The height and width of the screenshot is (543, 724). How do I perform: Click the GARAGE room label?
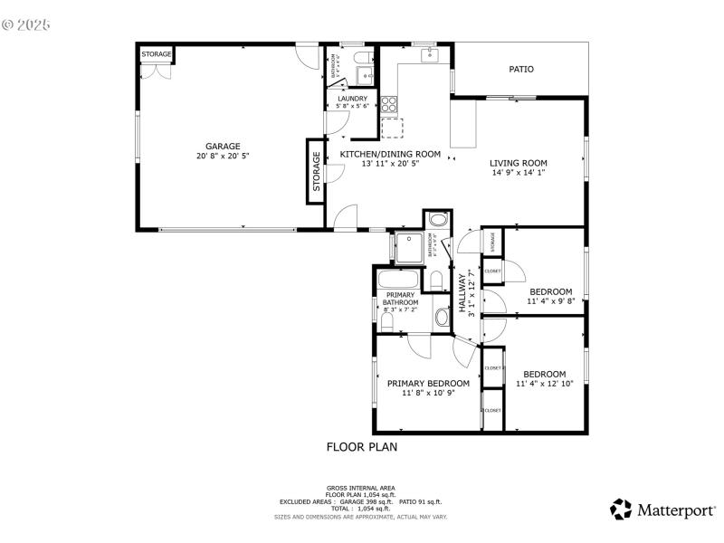[222, 146]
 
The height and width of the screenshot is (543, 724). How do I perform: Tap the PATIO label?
[520, 69]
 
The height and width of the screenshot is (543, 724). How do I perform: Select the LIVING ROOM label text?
[519, 163]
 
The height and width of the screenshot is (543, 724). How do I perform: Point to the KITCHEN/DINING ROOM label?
[390, 154]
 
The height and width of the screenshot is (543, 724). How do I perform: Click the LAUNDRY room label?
[353, 99]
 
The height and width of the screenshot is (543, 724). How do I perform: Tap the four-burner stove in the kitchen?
[389, 102]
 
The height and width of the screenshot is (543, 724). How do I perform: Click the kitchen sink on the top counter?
[429, 56]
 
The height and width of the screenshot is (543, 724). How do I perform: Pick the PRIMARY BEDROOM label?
[428, 383]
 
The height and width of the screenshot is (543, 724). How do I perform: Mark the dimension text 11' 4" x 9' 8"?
[550, 301]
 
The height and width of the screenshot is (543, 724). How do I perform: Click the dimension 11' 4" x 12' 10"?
[544, 384]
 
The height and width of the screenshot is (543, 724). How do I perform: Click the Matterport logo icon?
[620, 510]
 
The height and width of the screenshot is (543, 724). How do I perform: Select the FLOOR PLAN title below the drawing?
[361, 447]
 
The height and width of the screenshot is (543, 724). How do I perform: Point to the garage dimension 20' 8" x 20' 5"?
[222, 156]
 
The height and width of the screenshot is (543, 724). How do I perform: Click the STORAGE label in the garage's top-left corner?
[156, 55]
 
